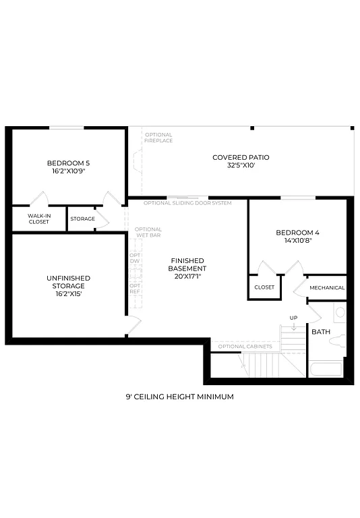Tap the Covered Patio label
point(241,157)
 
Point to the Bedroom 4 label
point(297,233)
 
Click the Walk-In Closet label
point(38,219)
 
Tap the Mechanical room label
point(327,288)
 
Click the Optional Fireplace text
point(158,138)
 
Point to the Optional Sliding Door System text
point(187,203)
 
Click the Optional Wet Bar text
point(148,233)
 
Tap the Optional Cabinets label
point(245,347)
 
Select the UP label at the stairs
point(293,318)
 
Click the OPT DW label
point(135,258)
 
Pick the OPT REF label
point(135,288)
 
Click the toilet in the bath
point(338,341)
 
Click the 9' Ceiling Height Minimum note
point(179,397)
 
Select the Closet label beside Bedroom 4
point(264,287)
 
